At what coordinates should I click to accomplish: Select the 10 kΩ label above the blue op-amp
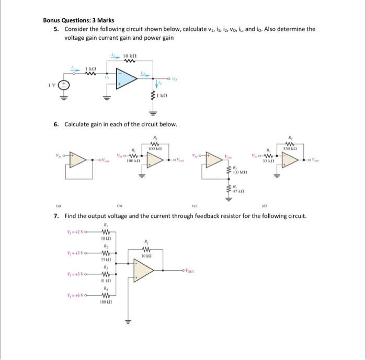[x=130, y=55]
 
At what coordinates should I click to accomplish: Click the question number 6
[x=55, y=124]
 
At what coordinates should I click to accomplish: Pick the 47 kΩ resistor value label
[x=238, y=192]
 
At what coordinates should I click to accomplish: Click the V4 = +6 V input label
[x=78, y=295]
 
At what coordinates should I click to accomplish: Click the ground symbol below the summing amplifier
[x=127, y=321]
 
